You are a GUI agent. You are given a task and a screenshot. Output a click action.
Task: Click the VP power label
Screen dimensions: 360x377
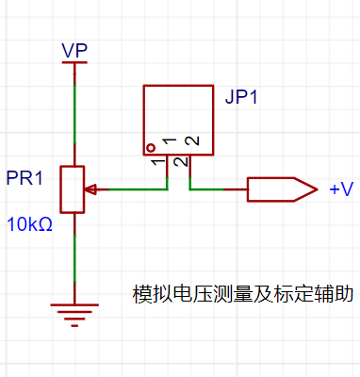tap(74, 50)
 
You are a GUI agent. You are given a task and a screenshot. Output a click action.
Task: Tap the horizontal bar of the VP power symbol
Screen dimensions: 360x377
tap(74, 62)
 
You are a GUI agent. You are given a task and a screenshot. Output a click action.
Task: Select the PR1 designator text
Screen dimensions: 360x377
tap(25, 178)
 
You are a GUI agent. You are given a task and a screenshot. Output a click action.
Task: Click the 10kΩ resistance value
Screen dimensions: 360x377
tap(29, 224)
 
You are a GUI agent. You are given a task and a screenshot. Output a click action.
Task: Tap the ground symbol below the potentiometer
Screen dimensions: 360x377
tap(74, 315)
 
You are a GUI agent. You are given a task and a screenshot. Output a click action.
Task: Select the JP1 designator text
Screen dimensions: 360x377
tap(241, 97)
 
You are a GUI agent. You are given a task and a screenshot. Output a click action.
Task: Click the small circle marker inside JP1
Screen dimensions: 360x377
tap(151, 147)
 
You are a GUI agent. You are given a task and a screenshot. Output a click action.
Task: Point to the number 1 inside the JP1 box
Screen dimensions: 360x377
tap(170, 141)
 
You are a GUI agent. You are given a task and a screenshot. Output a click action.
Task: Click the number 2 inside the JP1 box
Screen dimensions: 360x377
tap(192, 140)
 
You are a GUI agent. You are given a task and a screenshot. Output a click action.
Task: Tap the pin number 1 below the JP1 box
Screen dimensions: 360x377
tap(158, 162)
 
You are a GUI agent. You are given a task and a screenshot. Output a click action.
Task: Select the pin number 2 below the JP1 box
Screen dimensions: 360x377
tap(181, 162)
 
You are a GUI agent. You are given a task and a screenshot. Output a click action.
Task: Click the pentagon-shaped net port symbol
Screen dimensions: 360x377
tap(282, 189)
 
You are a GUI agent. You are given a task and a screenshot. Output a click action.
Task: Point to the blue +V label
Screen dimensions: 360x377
tap(341, 189)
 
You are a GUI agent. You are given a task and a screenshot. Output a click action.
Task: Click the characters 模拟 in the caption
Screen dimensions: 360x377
tap(153, 294)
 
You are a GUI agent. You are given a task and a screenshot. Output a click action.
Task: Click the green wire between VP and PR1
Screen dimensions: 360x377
tap(74, 114)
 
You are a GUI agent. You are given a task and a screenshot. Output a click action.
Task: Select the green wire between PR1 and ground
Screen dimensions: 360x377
tap(74, 258)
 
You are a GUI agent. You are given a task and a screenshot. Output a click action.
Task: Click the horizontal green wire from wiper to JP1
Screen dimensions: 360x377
tap(138, 189)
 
